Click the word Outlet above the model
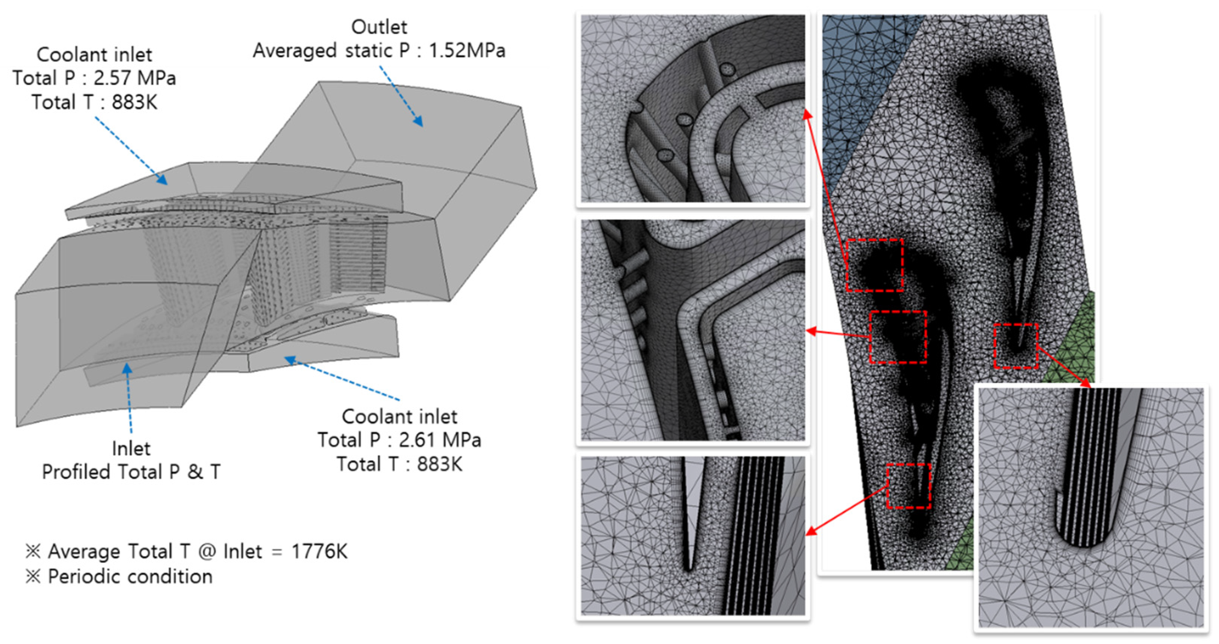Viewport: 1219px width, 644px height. coord(379,27)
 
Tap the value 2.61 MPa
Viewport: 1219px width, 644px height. coord(440,440)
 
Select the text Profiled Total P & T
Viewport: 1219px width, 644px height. coord(131,472)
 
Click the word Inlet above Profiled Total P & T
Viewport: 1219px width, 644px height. coord(131,449)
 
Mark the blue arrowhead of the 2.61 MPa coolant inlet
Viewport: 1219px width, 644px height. coord(289,361)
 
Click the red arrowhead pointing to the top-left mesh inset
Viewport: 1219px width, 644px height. coord(808,113)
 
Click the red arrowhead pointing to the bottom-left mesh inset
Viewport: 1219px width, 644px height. coord(811,531)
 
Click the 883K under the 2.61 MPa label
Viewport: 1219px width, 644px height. coord(440,464)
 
